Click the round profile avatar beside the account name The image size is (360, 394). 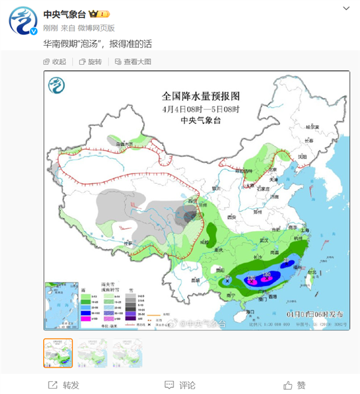[x=23, y=21]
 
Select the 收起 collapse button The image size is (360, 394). [x=55, y=62]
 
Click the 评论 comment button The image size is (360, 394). [x=180, y=385]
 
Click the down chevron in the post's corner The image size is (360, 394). [x=347, y=9]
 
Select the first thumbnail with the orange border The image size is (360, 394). [x=58, y=353]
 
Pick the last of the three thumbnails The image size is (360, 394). [x=127, y=353]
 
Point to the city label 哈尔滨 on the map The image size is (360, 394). [x=311, y=127]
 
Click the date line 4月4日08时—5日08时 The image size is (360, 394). [x=200, y=109]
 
